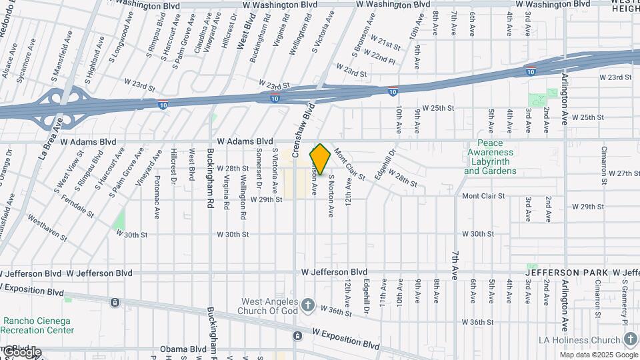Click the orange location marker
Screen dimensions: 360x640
(x=320, y=159)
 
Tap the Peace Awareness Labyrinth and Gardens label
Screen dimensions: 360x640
(x=490, y=157)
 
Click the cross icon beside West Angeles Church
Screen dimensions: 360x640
(x=307, y=305)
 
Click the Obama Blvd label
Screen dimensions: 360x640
(x=183, y=349)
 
